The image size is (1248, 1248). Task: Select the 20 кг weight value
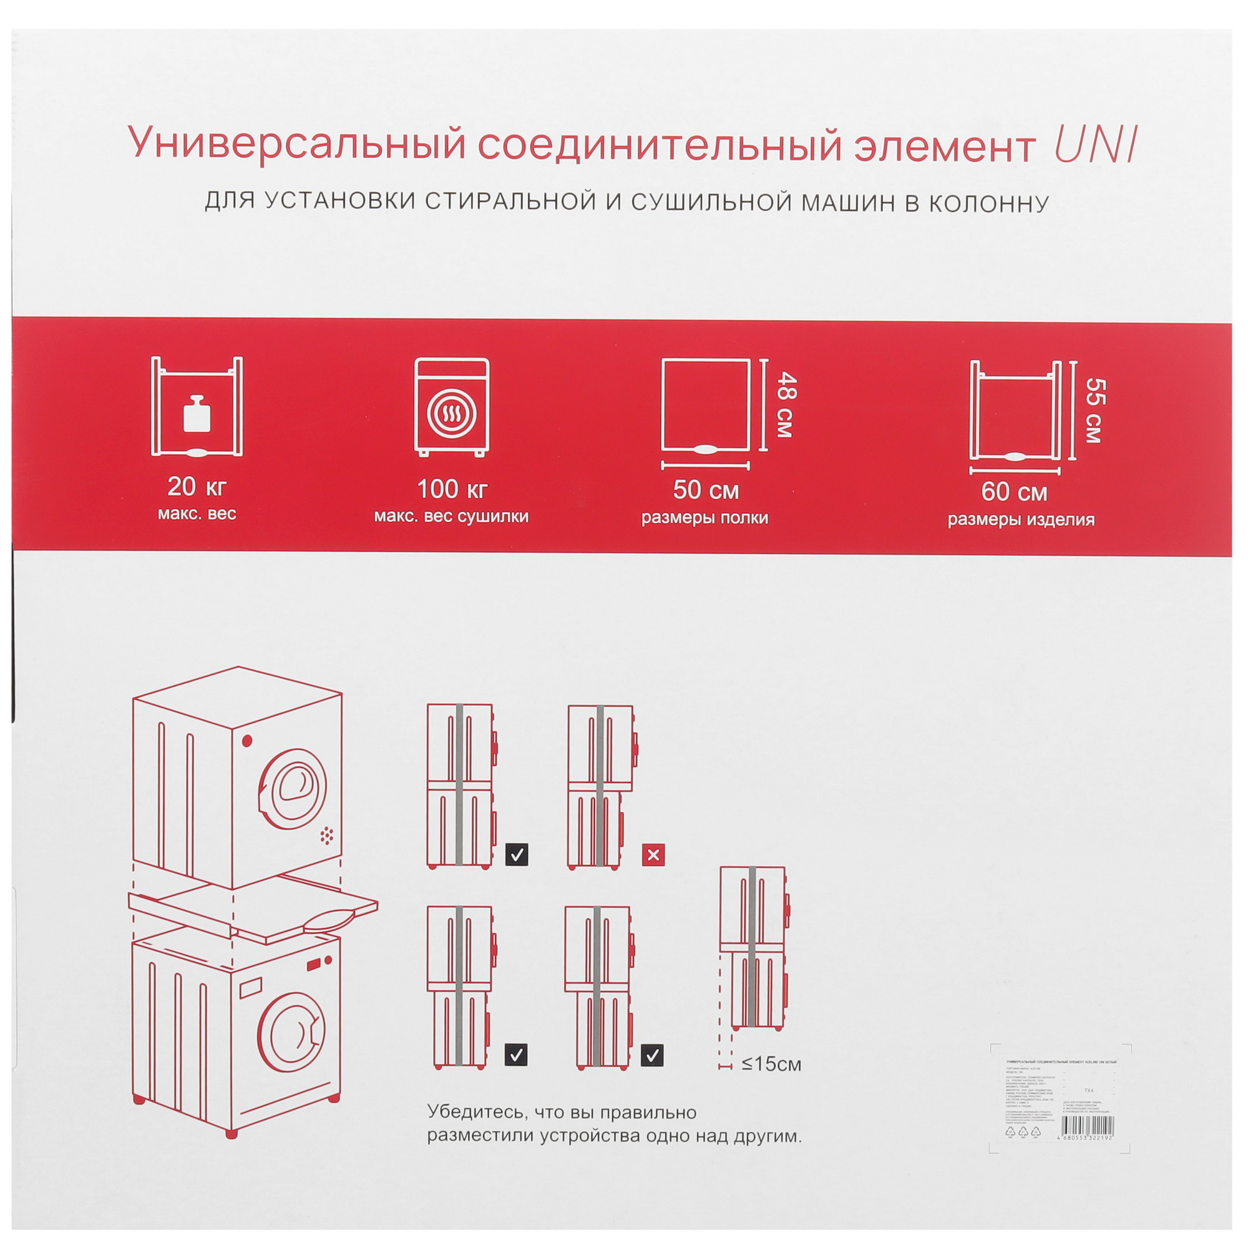197,487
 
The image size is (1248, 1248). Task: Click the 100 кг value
452,489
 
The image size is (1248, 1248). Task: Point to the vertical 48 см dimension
786,405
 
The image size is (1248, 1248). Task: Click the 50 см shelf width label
705,490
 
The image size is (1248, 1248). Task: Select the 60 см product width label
1014,492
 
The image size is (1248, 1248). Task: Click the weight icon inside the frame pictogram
197,414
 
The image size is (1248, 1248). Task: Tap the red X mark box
653,856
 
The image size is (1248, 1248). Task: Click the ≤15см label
771,1064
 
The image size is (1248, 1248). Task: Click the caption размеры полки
704,518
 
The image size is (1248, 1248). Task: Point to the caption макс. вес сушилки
452,517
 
